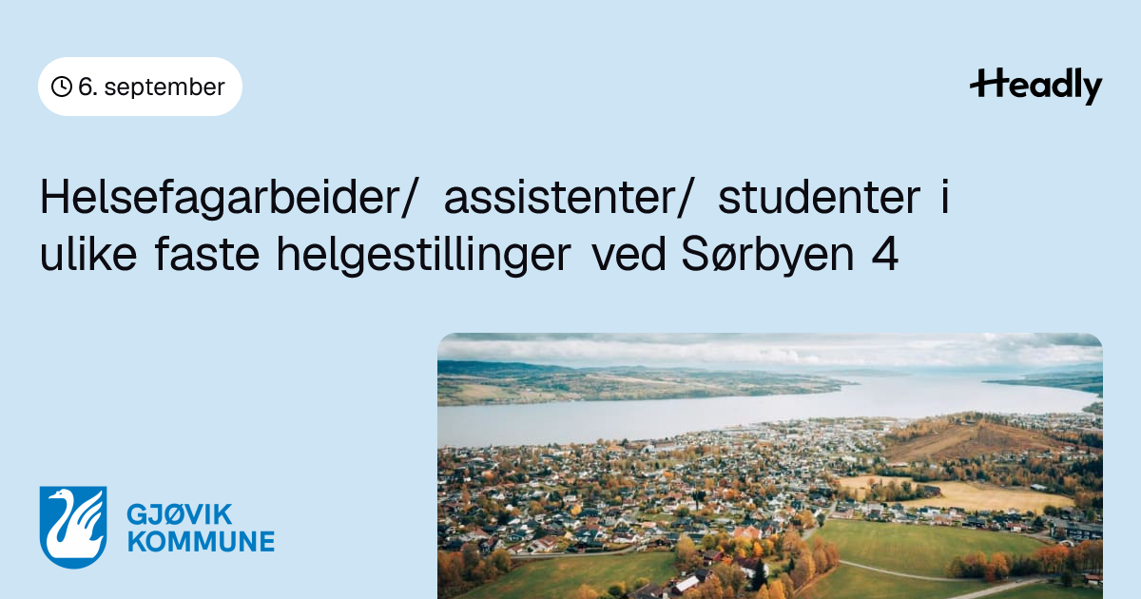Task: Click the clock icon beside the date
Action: click(62, 87)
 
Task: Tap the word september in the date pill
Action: click(164, 87)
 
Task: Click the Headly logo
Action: click(1036, 87)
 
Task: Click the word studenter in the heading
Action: click(819, 198)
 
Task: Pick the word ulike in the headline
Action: click(88, 254)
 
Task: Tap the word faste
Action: click(207, 255)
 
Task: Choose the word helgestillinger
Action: click(424, 256)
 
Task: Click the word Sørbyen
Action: click(767, 256)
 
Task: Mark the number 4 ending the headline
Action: click(885, 255)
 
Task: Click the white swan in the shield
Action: click(75, 525)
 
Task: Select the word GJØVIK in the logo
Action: click(180, 514)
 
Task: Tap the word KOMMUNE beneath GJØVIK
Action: click(201, 541)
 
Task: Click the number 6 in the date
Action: click(85, 87)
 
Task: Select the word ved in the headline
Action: click(629, 254)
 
